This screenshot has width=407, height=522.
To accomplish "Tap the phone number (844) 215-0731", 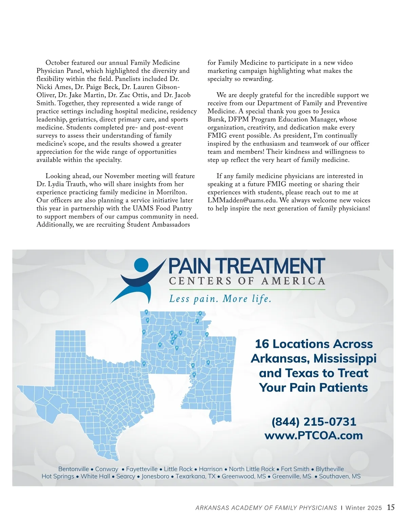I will coord(314,422).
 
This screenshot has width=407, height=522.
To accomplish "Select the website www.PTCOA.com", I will coord(314,435).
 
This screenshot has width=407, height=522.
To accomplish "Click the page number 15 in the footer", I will coord(391,507).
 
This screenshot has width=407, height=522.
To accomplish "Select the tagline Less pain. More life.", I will coord(220,299).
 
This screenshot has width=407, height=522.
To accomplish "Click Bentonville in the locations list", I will coord(74,469).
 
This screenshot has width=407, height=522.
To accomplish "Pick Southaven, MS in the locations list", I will coord(340,476).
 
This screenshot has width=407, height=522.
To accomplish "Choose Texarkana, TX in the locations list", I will coord(195,476).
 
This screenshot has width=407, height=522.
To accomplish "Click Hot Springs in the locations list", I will coord(58,476).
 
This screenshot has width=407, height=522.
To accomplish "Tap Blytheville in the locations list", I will coord(330,469).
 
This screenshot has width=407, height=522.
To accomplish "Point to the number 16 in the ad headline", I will coord(262,344).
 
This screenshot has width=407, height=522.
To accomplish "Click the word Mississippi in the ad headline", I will coord(345,358).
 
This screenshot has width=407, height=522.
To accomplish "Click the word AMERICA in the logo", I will coord(293,281).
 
